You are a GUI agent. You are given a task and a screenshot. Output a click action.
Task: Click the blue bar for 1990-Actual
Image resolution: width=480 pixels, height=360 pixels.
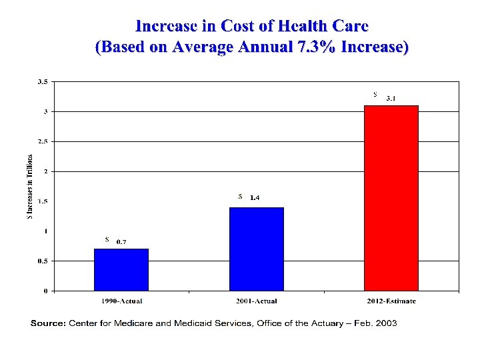coord(121,269)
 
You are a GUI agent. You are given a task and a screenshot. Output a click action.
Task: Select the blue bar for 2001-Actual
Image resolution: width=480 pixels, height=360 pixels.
coord(256,249)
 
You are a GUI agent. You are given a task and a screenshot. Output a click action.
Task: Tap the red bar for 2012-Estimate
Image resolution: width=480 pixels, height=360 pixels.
coord(391,198)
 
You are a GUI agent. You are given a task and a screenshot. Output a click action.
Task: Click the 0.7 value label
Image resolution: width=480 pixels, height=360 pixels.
coord(122,241)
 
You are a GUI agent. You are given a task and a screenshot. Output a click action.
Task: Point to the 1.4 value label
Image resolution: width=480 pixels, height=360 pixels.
coord(255,197)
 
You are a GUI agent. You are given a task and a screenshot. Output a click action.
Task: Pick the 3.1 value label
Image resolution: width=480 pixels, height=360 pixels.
coord(391,99)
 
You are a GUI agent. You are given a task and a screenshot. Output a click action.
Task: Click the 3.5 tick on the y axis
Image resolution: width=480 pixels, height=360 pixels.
coord(42,82)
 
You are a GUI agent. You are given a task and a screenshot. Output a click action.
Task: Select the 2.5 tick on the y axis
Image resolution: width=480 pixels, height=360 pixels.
coord(42,141)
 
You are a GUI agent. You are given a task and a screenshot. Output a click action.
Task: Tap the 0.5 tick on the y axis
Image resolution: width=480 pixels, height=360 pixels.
coord(42,261)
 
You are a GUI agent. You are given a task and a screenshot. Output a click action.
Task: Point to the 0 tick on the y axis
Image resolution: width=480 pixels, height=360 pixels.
coord(45,291)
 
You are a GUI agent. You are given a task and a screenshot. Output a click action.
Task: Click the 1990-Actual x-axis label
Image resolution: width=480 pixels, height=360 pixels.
coord(121,301)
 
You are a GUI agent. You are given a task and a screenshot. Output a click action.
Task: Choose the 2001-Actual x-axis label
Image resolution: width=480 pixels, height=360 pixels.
coord(257,301)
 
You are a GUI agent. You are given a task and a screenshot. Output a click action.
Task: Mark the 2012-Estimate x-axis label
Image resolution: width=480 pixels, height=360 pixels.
coord(391,301)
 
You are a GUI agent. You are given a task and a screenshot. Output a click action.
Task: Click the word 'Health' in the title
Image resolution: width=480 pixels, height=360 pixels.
coord(292,26)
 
